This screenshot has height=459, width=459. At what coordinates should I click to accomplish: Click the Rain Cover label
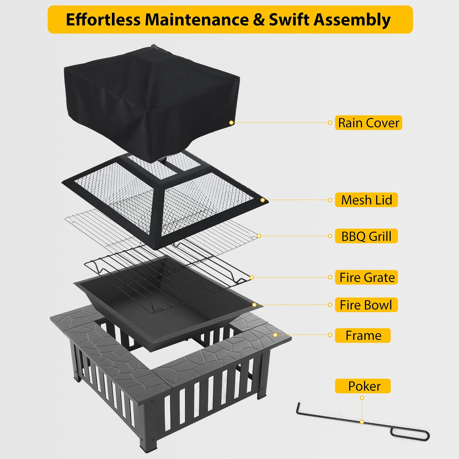368,123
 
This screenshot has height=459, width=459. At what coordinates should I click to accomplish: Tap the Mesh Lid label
366,200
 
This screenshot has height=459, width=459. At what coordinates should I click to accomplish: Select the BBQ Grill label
366,236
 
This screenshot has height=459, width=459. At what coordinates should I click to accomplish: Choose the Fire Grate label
366,277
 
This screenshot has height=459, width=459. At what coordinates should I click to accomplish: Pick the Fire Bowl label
366,305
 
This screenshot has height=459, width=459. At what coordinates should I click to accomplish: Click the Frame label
363,335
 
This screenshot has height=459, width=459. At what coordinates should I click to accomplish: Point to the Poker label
363,386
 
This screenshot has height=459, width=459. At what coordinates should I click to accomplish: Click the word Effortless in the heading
103,20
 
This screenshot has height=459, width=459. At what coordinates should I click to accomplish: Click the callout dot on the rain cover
231,122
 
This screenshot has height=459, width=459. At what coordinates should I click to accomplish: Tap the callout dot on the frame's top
275,335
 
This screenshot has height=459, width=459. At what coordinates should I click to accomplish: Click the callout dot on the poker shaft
362,422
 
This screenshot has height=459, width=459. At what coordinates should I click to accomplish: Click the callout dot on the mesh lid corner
262,200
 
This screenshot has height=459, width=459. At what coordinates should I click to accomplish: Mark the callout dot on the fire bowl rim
254,305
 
